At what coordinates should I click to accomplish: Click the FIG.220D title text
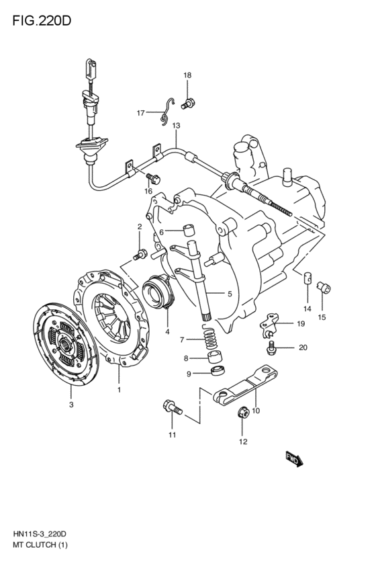tap(42, 21)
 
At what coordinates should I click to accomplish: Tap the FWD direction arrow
tap(294, 459)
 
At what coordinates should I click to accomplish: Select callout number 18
tap(187, 75)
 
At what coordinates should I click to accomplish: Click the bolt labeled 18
tap(188, 104)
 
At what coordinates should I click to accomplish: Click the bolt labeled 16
tap(153, 179)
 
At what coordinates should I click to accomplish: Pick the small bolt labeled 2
tap(140, 254)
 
